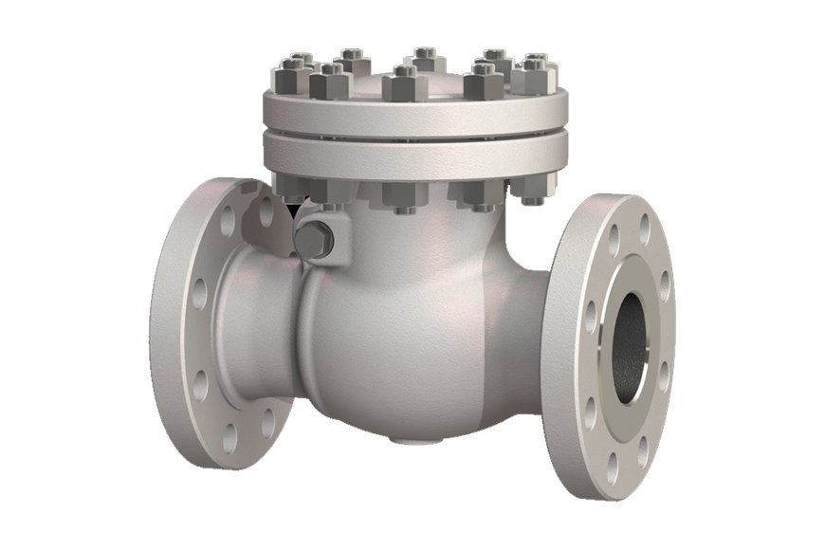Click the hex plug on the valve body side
pos(313,242)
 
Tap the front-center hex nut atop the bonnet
pos(405,84)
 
